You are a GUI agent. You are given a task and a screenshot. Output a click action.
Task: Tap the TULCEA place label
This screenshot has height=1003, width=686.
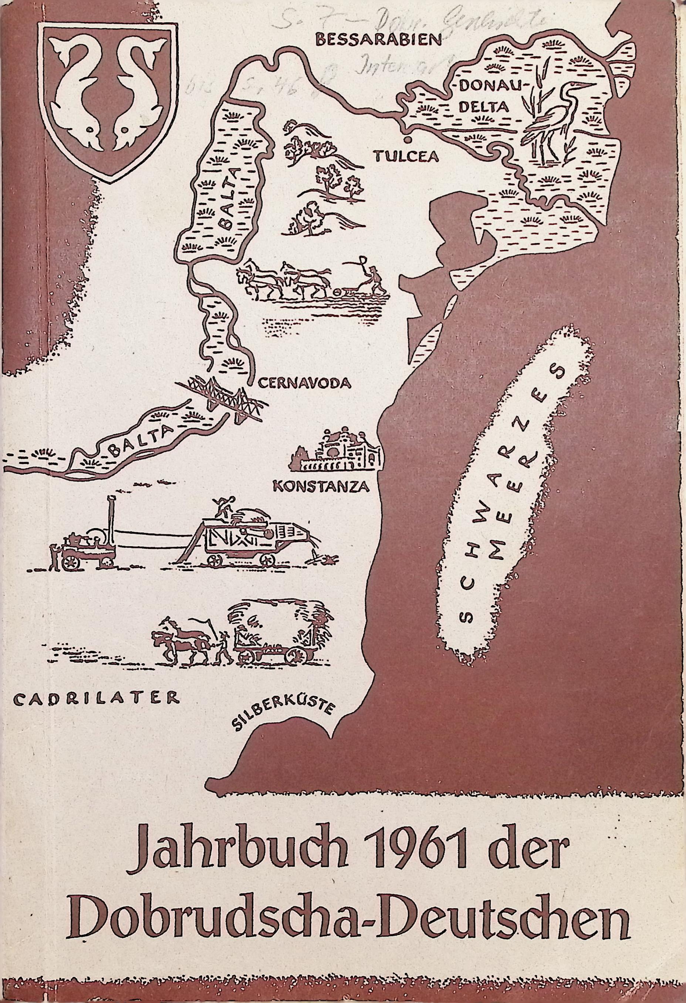coord(406,156)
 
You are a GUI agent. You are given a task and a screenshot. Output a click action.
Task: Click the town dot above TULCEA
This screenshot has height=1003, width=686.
coord(407,140)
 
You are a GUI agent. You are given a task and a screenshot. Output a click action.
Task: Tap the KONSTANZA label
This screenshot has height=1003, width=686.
coord(321,487)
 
